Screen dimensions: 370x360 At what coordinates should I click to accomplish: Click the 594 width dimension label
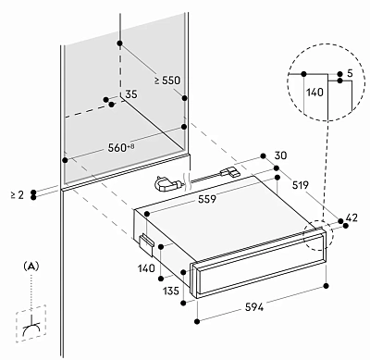pyautogui.click(x=254, y=307)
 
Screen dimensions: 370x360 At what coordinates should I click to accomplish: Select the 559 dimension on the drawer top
pyautogui.click(x=207, y=199)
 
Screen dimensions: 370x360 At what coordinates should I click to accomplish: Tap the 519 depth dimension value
pyautogui.click(x=300, y=185)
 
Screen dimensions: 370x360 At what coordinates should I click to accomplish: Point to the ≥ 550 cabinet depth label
pyautogui.click(x=167, y=81)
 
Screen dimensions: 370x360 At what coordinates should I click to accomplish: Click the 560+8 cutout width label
pyautogui.click(x=121, y=148)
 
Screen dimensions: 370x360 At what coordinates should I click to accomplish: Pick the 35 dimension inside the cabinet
pyautogui.click(x=131, y=94)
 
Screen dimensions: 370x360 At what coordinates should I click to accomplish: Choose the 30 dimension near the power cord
pyautogui.click(x=280, y=155)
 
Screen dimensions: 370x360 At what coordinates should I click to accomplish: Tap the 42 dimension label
pyautogui.click(x=351, y=217)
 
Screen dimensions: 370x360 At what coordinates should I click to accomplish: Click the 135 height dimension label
pyautogui.click(x=170, y=291)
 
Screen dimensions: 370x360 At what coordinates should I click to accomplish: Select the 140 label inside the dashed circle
pyautogui.click(x=314, y=93)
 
